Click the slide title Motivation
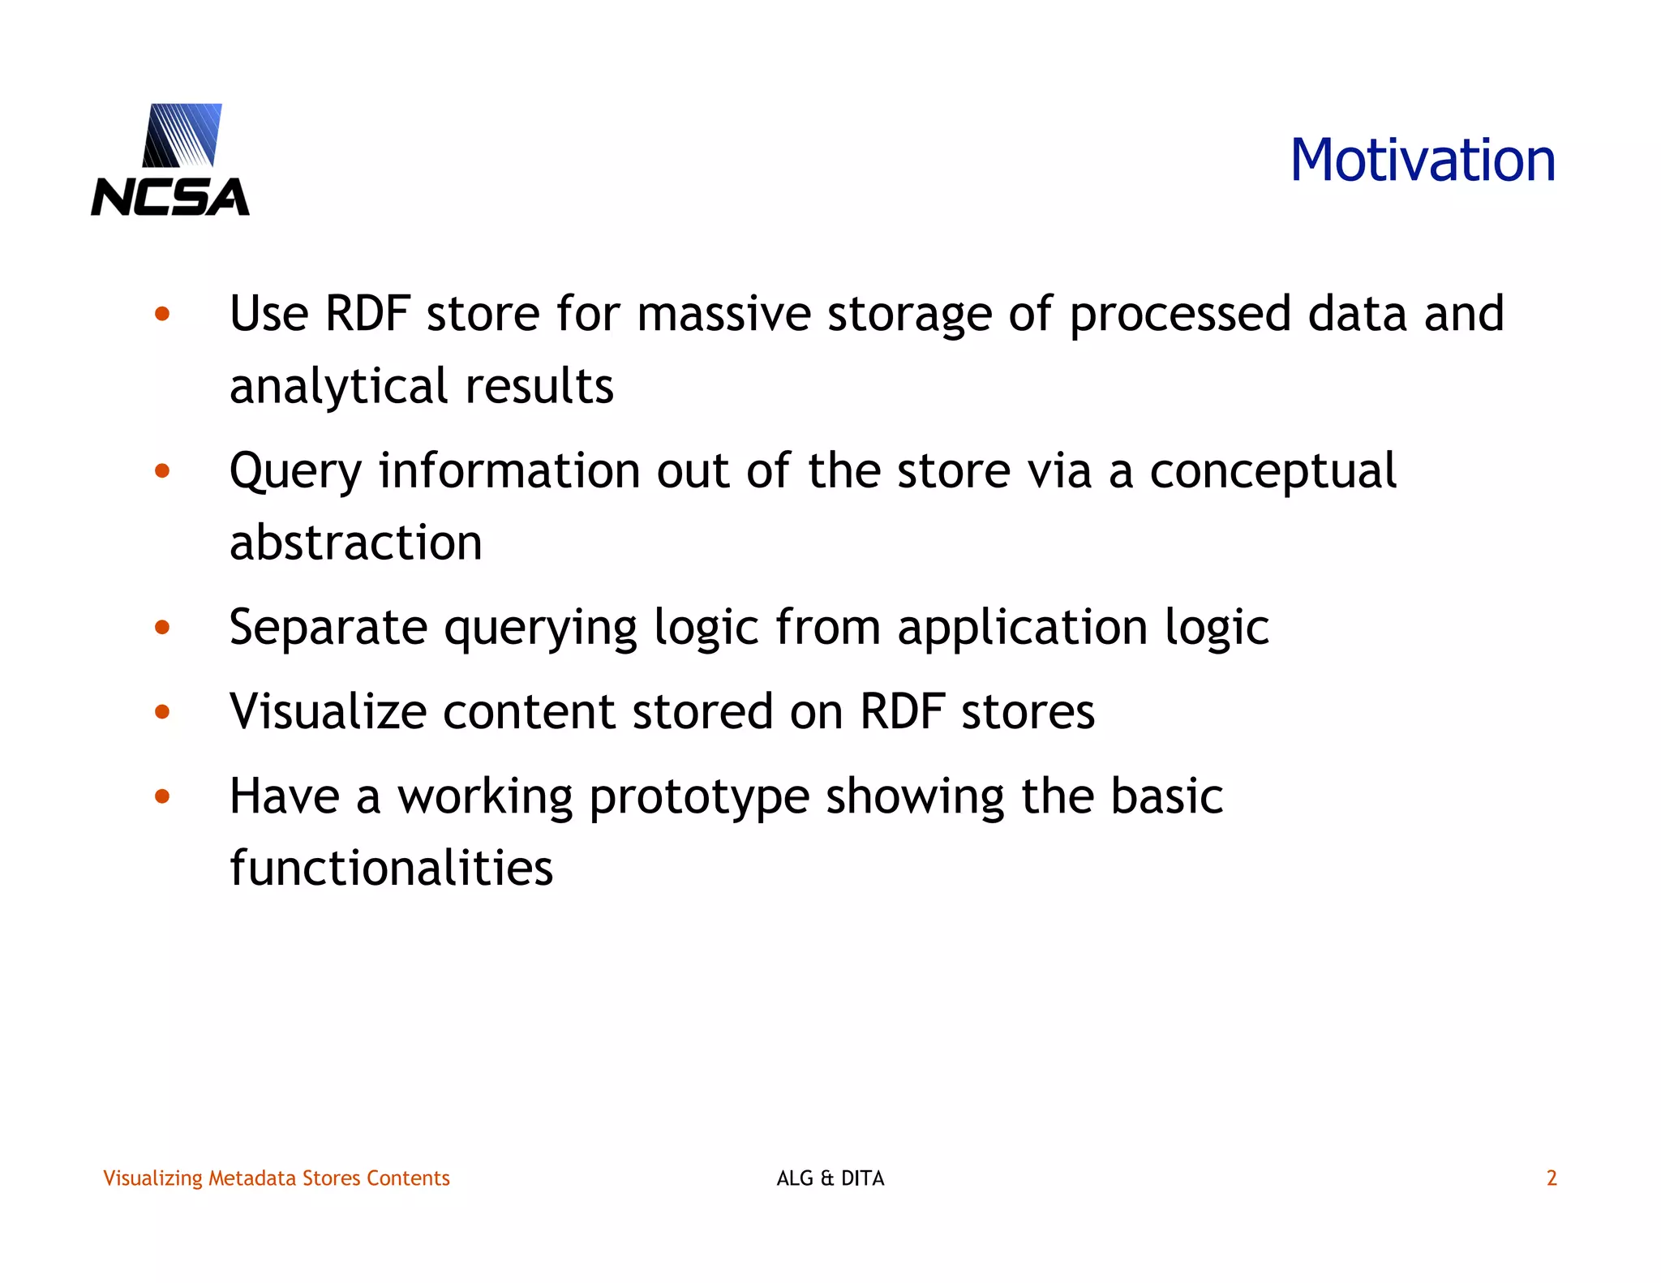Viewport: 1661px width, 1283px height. click(1423, 160)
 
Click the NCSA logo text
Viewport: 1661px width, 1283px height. click(170, 197)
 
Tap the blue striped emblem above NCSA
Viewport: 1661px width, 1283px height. click(182, 135)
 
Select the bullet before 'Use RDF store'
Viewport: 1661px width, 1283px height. click(162, 314)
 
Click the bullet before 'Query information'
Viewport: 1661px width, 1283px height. click(162, 470)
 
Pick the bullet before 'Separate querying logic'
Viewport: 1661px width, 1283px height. click(162, 627)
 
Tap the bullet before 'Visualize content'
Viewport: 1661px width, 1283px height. click(162, 712)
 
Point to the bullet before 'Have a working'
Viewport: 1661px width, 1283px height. click(162, 796)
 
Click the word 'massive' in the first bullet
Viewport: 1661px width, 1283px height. click(723, 314)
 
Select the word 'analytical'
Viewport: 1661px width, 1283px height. click(338, 386)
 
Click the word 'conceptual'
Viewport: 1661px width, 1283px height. click(1273, 472)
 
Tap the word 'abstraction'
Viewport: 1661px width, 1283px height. click(355, 543)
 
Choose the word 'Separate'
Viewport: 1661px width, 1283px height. click(328, 629)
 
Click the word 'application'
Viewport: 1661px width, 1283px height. click(1022, 629)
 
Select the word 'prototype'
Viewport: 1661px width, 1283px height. click(699, 798)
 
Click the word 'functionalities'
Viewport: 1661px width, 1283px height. click(391, 868)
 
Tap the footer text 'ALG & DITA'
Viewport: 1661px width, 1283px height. click(830, 1178)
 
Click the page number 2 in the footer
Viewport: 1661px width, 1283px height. click(1551, 1178)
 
